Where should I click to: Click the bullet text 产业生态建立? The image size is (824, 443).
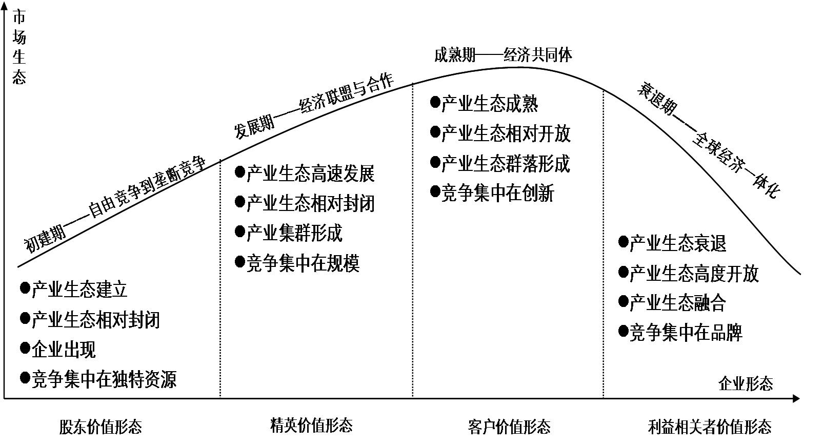pyautogui.click(x=79, y=290)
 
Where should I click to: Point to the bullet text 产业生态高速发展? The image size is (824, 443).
pyautogui.click(x=310, y=174)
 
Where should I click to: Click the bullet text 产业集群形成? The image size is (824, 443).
pyautogui.click(x=294, y=233)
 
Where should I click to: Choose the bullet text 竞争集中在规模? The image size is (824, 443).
pyautogui.click(x=303, y=263)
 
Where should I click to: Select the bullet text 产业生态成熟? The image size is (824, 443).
pyautogui.click(x=489, y=104)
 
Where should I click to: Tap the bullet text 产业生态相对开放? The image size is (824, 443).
pyautogui.click(x=506, y=134)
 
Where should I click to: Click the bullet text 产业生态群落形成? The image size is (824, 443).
pyautogui.click(x=506, y=164)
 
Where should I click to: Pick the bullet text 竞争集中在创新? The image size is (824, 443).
pyautogui.click(x=497, y=194)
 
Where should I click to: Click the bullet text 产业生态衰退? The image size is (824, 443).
pyautogui.click(x=677, y=243)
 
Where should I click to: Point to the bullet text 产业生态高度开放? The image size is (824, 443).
pyautogui.click(x=694, y=274)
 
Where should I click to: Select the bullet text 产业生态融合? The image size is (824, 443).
pyautogui.click(x=677, y=303)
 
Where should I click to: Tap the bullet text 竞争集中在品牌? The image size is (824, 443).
pyautogui.click(x=686, y=333)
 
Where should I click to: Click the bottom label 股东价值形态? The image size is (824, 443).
pyautogui.click(x=101, y=427)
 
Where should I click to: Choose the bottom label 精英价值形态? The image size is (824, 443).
pyautogui.click(x=311, y=425)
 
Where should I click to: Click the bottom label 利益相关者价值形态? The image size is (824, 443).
pyautogui.click(x=710, y=427)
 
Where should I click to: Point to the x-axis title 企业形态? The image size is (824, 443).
pyautogui.click(x=746, y=383)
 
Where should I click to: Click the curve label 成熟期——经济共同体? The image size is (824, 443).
pyautogui.click(x=503, y=55)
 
